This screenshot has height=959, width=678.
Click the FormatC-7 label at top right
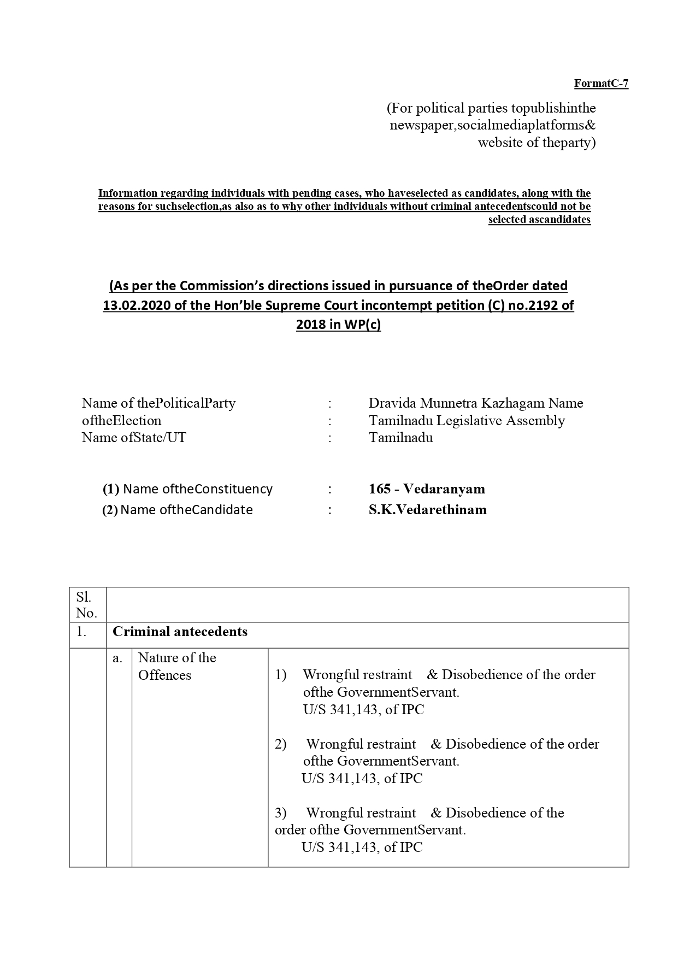tap(601, 84)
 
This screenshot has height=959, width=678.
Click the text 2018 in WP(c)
tap(338, 325)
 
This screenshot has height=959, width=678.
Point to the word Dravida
tap(392, 403)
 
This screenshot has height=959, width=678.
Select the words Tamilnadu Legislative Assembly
tap(467, 421)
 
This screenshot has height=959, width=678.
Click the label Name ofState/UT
tap(134, 438)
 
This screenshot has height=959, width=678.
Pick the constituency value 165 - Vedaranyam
tap(427, 489)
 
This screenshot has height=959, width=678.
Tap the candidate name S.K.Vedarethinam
tap(427, 510)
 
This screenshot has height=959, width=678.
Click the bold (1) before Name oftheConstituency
tap(111, 489)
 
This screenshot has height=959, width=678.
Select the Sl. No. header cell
tap(86, 605)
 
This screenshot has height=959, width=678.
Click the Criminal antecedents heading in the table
tap(180, 632)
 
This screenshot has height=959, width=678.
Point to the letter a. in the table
tap(117, 658)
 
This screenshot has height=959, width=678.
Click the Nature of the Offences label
tap(177, 666)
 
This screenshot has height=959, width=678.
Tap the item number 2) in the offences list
tap(281, 744)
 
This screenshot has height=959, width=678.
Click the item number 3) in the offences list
tap(281, 813)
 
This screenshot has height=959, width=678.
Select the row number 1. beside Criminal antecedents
tap(82, 632)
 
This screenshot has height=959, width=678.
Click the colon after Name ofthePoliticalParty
tap(330, 403)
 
